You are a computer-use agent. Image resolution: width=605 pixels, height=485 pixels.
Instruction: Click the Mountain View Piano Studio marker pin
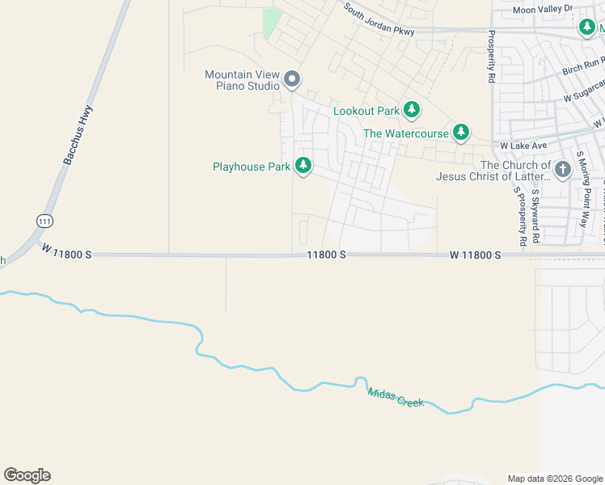point(293,80)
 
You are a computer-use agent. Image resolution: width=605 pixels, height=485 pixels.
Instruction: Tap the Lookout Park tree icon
point(412,109)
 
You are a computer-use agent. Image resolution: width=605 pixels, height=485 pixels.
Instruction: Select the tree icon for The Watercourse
point(460,132)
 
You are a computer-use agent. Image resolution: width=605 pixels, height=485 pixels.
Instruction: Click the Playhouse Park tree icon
point(303,167)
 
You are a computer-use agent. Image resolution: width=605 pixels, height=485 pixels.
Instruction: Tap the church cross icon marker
point(563,170)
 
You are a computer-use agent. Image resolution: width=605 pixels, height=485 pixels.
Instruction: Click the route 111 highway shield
point(44,220)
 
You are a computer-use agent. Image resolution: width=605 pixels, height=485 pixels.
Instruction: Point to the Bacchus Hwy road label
point(78,136)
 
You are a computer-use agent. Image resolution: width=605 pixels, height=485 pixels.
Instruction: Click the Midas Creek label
point(395,397)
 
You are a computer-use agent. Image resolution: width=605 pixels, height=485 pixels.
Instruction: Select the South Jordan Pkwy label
point(379,21)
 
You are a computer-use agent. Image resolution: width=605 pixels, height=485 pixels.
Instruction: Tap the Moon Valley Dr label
point(543,9)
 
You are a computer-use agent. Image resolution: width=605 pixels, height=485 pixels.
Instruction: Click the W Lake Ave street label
point(523,145)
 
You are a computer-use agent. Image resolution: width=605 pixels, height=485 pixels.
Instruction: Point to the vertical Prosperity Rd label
point(491,57)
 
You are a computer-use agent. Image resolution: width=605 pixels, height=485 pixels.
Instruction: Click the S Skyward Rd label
point(535,213)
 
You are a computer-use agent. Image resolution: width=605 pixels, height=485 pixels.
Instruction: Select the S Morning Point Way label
point(582,188)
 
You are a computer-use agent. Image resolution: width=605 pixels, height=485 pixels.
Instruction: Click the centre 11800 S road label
point(327,255)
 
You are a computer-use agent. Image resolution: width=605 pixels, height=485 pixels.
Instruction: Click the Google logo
point(27,475)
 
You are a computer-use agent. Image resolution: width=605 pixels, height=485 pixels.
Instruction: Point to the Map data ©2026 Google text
point(555,478)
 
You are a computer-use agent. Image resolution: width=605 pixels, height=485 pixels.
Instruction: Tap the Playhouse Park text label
point(251,167)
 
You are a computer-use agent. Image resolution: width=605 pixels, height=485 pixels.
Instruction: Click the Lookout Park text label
point(366,110)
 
